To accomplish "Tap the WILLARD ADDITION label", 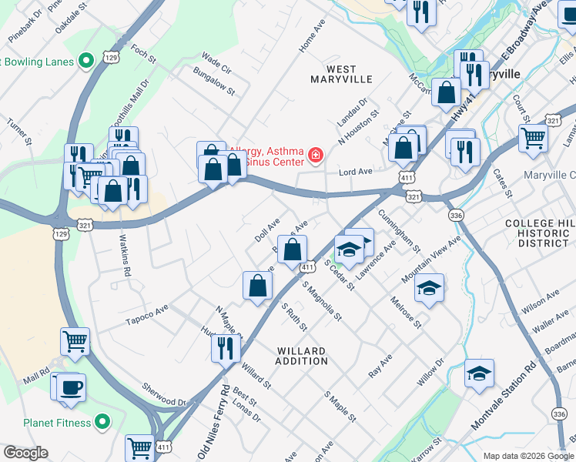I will pyautogui.click(x=301, y=356).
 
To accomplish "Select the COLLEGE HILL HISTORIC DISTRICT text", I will pyautogui.click(x=540, y=233).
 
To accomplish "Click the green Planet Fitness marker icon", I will pyautogui.click(x=101, y=422).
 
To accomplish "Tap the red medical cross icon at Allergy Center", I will pyautogui.click(x=314, y=156).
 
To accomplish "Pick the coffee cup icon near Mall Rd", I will pyautogui.click(x=71, y=387).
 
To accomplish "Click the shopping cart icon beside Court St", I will pyautogui.click(x=533, y=139).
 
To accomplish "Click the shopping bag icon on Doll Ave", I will pyautogui.click(x=293, y=249).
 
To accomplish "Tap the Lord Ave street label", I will pyautogui.click(x=356, y=172).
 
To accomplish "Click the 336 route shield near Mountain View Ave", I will pyautogui.click(x=457, y=216).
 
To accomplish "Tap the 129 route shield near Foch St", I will pyautogui.click(x=111, y=58).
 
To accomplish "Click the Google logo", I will pyautogui.click(x=26, y=453).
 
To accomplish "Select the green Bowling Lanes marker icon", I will pyautogui.click(x=88, y=59).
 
